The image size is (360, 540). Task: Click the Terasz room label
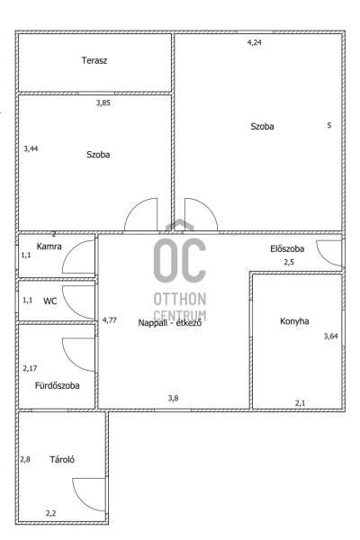94,60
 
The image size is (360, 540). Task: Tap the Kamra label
49,247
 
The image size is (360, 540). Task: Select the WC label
50,301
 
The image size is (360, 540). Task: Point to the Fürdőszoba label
58,385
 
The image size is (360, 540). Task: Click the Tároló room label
62,459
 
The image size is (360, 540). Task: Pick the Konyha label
294,321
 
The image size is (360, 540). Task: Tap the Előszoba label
287,248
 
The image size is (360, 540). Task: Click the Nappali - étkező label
170,323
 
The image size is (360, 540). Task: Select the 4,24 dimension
255,42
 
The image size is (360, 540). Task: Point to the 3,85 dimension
103,103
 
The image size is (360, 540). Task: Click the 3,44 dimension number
31,148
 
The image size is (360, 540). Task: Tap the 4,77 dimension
110,319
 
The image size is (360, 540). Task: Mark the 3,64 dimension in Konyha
330,336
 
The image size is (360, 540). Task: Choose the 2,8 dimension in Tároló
25,459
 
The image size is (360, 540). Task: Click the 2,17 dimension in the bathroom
30,368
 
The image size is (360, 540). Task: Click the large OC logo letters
180,260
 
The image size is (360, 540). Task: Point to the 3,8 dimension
174,398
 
